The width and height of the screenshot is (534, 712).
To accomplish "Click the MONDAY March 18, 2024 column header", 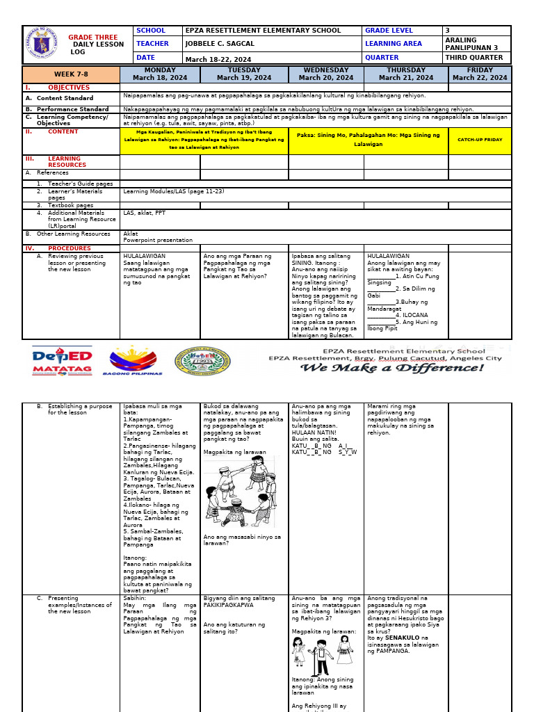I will coord(160,74).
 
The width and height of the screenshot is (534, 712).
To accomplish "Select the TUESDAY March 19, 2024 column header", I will coord(244,74).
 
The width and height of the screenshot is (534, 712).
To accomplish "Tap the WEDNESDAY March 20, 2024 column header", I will coord(326,74).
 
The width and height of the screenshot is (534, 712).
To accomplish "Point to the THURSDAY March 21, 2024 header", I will coord(406,74).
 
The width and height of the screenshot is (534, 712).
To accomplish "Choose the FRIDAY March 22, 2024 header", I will coord(480,74).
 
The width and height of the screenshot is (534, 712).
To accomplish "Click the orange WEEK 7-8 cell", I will coord(71,74).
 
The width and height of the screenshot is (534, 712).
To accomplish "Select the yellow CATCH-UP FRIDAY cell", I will coord(480,140).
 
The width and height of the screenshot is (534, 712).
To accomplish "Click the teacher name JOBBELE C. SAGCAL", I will coord(216,44).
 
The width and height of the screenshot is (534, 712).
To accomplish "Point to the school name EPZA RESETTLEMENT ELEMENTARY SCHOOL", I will coord(264,31).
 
